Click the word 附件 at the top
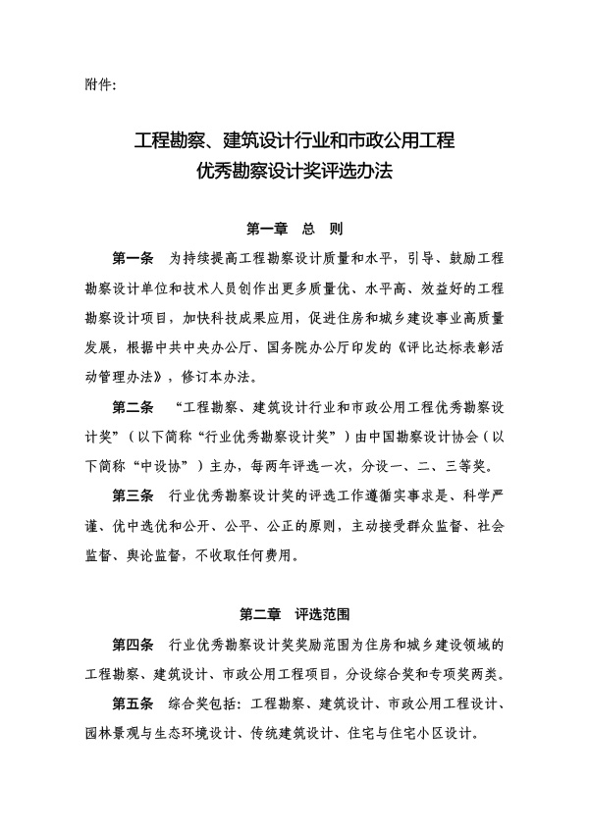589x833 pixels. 97,84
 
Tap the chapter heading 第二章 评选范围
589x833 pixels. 294,615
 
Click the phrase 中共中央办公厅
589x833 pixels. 204,347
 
